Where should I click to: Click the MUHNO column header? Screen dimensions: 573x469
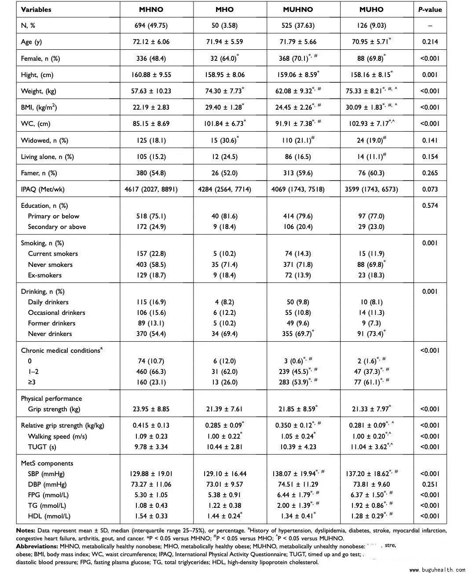coord(298,9)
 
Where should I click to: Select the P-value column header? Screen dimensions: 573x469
coord(430,9)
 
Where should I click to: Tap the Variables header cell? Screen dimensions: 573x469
coord(36,9)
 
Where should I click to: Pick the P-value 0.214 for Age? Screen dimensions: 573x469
coord(430,42)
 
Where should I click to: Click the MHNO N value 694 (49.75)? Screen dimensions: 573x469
coord(151,26)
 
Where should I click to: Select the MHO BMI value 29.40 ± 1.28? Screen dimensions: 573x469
coord(224,107)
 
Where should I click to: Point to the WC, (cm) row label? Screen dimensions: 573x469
coord(36,124)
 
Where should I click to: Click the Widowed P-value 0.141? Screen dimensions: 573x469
coord(430,140)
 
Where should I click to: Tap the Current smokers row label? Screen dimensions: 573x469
coord(53,254)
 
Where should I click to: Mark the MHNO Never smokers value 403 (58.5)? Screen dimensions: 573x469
coord(151,265)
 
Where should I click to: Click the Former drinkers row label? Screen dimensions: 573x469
coord(51,323)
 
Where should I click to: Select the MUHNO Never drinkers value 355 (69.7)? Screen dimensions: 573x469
coord(297,334)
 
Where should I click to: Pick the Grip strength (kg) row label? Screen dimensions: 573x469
coord(54,409)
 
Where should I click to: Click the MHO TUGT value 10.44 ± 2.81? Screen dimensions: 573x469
coord(224,447)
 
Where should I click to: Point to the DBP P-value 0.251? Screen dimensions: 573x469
coord(430,484)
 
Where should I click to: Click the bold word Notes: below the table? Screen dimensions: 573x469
coord(26,531)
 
